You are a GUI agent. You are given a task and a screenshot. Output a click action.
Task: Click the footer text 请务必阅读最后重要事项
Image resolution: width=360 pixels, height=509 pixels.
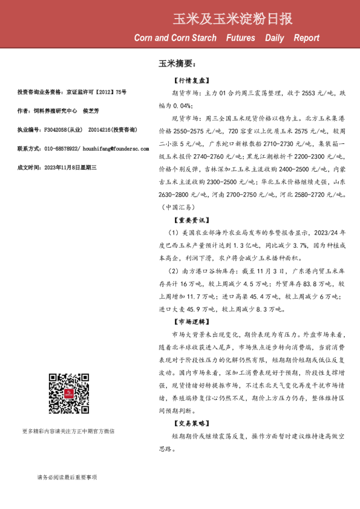67,478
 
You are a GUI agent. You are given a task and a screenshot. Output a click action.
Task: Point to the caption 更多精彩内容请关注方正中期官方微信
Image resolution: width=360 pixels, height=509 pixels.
68,431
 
